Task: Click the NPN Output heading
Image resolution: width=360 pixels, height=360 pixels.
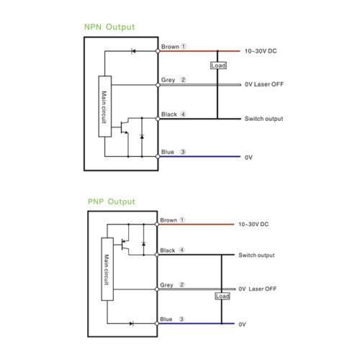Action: (109, 27)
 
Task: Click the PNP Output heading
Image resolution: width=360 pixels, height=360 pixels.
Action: (112, 202)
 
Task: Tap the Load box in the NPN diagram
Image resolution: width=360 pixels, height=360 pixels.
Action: (218, 66)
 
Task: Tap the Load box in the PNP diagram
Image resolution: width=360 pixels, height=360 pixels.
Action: (222, 296)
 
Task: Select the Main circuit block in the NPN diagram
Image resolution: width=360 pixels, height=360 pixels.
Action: (105, 107)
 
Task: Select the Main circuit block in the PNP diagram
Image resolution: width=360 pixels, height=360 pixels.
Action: (107, 269)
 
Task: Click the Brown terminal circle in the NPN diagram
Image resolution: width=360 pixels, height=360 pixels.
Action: (158, 51)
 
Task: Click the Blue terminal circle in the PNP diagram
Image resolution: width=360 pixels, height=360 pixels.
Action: (157, 323)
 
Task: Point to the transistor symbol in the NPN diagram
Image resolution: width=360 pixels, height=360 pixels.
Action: (125, 127)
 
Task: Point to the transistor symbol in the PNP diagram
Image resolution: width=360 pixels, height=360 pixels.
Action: (125, 245)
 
